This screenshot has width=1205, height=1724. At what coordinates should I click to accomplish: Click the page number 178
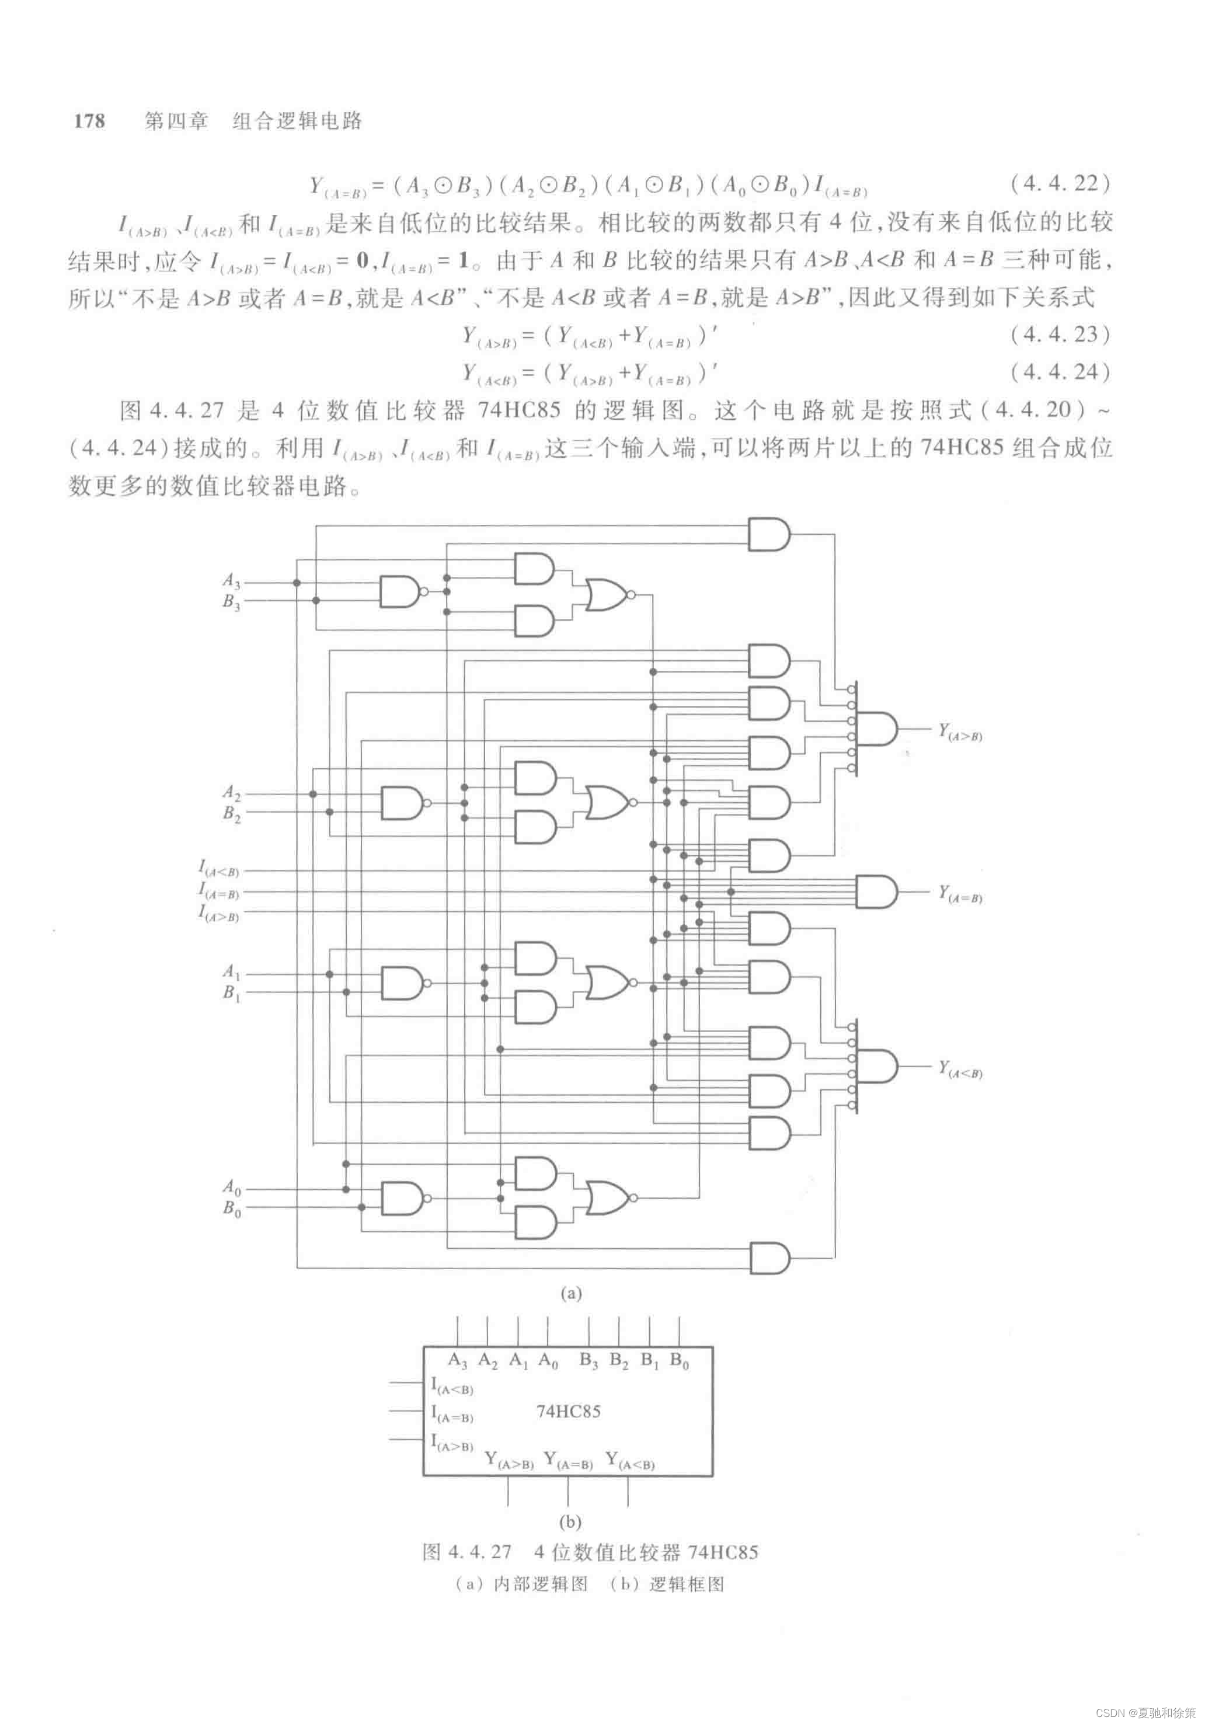tap(89, 121)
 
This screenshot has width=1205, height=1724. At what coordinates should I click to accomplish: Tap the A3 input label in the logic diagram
tap(231, 581)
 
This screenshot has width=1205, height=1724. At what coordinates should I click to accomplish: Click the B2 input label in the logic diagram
tap(231, 814)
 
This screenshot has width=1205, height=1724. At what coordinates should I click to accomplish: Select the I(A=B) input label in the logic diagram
tap(218, 891)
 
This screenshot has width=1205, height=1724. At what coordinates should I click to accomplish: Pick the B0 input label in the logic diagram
tap(231, 1208)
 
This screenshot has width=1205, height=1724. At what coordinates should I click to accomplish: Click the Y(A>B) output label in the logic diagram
tap(959, 732)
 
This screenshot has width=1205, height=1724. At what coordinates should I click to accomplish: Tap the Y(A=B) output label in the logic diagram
tap(959, 894)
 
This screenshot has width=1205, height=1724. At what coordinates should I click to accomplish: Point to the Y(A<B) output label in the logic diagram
tap(959, 1069)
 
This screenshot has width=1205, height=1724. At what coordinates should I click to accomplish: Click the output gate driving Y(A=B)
tap(875, 892)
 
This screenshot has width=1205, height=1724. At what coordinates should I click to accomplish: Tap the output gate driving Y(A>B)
tap(875, 729)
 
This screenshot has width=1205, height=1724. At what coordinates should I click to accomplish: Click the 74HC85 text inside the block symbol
tap(568, 1412)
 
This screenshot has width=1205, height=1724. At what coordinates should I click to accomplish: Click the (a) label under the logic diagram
tap(570, 1293)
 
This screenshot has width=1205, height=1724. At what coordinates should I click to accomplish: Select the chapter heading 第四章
tap(176, 121)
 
